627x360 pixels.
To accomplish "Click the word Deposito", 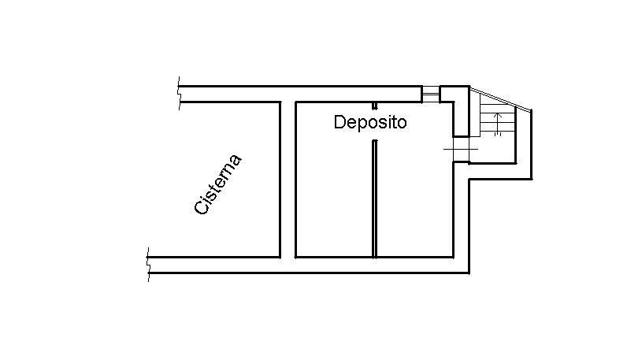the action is (x=370, y=122).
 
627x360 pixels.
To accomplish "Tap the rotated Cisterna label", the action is (x=218, y=184).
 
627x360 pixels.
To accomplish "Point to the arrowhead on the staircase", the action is (x=498, y=117).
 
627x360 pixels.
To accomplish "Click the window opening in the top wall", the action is (x=431, y=94).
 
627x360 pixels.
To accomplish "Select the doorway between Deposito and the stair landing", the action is (x=461, y=149).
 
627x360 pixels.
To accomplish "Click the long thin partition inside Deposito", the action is (x=375, y=199).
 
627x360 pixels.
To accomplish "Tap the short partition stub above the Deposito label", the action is (x=375, y=106).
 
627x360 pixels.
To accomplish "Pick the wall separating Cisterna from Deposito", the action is (x=288, y=180).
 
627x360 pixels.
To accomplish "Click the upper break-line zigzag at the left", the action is (x=179, y=93).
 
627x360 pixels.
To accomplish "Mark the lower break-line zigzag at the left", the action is (x=148, y=265).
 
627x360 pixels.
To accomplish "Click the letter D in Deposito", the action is (x=339, y=122).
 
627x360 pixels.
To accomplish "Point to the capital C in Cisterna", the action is (x=201, y=207).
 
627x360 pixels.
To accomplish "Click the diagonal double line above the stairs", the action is (x=500, y=98).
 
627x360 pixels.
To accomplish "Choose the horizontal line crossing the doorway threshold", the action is (x=461, y=150).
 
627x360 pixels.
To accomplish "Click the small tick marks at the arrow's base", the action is (x=498, y=135).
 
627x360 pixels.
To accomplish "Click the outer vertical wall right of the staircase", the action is (x=532, y=144).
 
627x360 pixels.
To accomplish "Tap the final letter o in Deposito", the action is (x=403, y=124).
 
